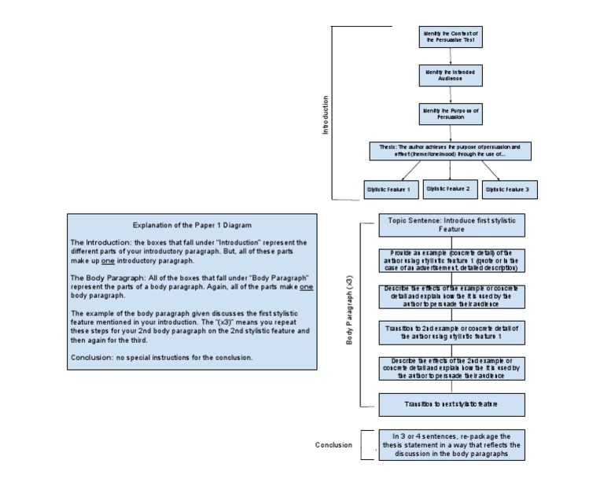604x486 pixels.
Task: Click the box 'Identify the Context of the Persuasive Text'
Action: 451,36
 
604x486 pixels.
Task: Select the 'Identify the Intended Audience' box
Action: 451,75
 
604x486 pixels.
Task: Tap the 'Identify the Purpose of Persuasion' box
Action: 451,114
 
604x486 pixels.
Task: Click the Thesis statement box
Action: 451,151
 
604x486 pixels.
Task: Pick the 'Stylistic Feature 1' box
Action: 389,190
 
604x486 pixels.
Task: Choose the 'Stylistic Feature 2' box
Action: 447,189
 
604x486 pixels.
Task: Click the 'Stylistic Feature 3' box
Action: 506,190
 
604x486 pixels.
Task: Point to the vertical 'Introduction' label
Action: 326,115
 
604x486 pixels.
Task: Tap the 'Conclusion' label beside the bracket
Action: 333,445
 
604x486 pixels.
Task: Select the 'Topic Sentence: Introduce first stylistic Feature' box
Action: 451,225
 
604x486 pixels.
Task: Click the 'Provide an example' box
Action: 451,260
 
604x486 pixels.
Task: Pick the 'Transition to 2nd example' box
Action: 451,331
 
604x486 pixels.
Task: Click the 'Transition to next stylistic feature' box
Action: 451,404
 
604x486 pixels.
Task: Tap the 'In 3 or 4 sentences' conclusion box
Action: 451,444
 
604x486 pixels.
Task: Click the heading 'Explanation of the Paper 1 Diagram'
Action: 192,225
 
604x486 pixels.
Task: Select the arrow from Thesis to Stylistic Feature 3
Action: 488,171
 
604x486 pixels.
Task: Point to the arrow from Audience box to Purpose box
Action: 451,94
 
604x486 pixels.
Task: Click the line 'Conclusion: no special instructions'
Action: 162,357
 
